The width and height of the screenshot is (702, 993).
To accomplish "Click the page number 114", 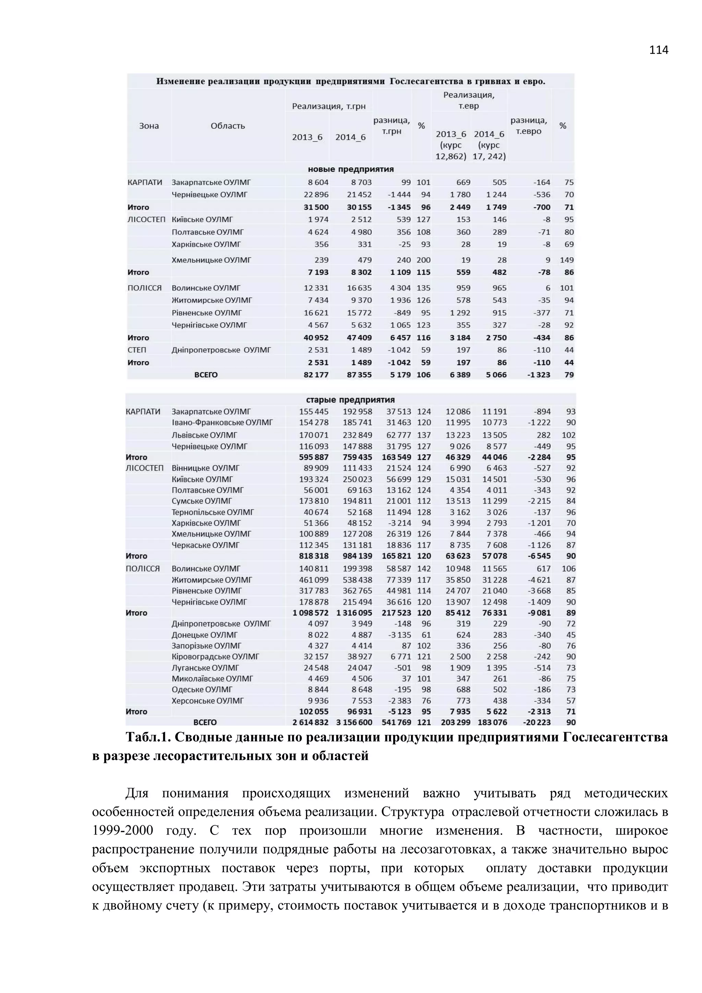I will tap(658, 50).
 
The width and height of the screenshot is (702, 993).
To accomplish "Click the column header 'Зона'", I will tap(149, 126).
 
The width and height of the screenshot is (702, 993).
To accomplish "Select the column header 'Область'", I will tap(228, 126).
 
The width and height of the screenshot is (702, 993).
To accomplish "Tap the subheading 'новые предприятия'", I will tap(351, 169).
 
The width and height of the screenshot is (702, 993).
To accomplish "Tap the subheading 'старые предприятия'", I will tap(351, 399).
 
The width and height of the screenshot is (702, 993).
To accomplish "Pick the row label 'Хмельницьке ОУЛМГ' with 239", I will tap(211, 260).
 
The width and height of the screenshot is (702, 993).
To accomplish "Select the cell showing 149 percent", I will tap(566, 260).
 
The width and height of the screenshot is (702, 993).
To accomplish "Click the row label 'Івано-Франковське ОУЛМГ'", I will tap(222, 422).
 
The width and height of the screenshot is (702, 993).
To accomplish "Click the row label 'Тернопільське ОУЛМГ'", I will tap(213, 512).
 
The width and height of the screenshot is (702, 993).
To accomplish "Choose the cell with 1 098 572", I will tap(310, 613).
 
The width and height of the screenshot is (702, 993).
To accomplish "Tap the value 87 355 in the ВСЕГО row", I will tap(359, 375).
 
